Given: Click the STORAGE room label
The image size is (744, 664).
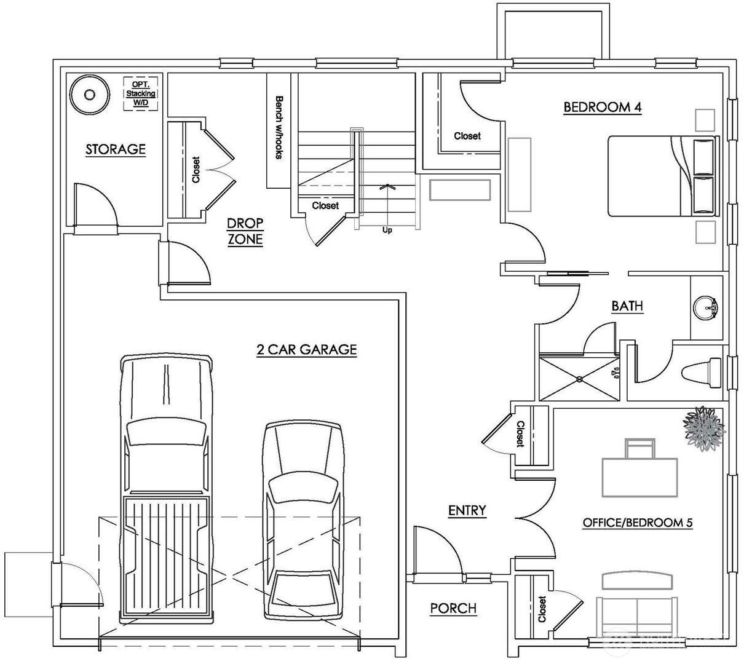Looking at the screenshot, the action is (116, 149).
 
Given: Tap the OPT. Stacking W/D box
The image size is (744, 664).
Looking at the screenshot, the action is (141, 93).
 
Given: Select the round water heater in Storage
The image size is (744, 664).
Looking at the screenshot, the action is (89, 95).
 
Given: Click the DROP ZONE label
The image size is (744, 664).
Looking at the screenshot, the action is (245, 231).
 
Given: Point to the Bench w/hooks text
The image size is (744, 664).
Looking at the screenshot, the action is (279, 127).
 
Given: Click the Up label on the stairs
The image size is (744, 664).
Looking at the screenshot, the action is (387, 231).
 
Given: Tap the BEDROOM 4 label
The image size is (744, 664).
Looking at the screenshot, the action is (603, 107).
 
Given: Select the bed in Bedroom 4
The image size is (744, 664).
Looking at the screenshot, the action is (663, 176).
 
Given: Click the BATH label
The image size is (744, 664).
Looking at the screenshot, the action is (627, 306).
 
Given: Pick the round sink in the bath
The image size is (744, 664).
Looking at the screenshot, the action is (705, 307).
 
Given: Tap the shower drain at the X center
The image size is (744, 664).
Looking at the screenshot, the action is (579, 379).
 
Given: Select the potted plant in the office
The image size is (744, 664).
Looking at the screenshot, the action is (703, 429).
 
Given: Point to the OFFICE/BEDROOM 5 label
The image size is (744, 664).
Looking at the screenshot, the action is (638, 523).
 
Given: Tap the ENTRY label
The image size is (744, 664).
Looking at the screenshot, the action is (467, 510).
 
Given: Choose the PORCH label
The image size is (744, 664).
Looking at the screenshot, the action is (454, 608).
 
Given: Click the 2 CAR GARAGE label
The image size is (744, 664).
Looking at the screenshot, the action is (307, 349).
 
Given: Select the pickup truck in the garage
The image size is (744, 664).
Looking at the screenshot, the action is (167, 489).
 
